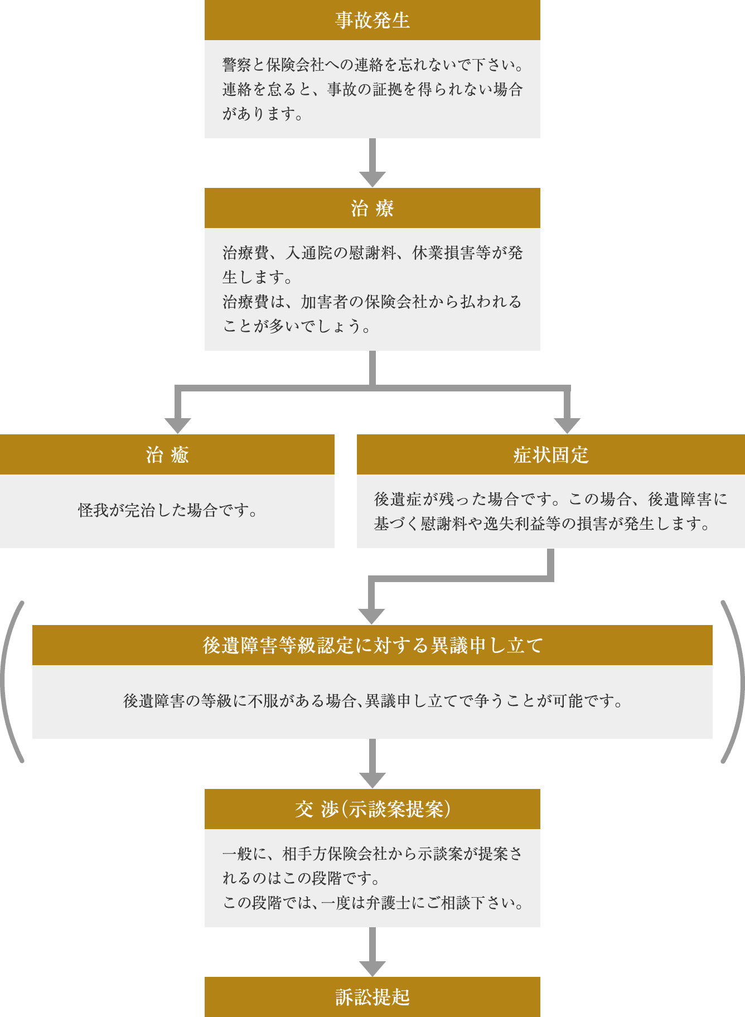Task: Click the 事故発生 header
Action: point(373,20)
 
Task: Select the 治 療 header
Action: point(373,208)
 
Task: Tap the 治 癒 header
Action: point(167,454)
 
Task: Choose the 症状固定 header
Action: point(551,454)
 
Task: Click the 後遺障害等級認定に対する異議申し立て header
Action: point(373,645)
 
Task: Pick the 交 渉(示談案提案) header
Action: point(373,809)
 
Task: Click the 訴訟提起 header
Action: point(373,997)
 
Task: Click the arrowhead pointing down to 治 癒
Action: point(178,425)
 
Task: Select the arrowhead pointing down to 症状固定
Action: point(567,425)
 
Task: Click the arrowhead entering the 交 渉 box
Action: point(373,780)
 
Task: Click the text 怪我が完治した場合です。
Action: point(167,510)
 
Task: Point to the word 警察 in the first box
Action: point(236,65)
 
